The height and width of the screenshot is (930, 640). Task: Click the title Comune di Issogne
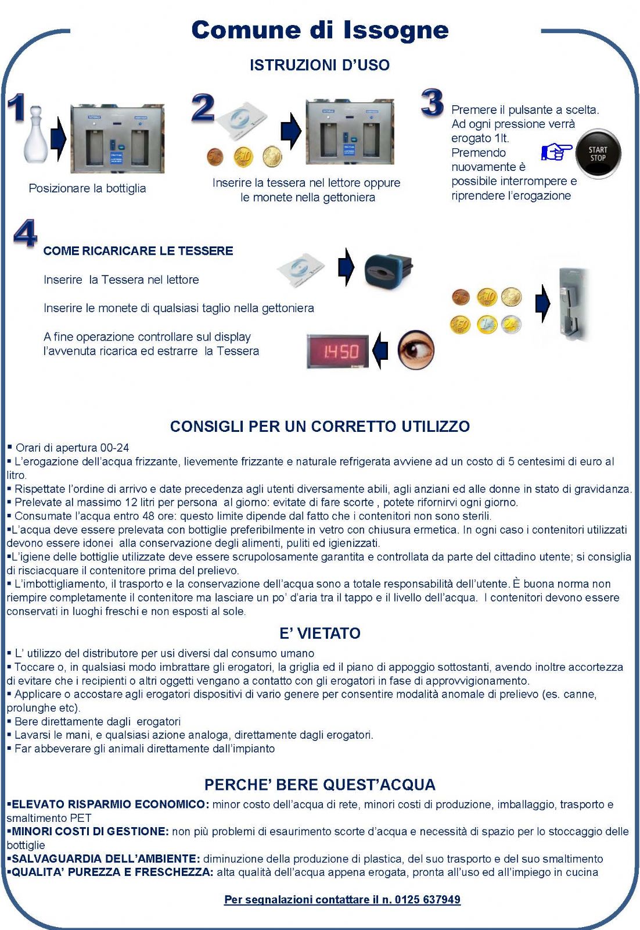click(x=319, y=30)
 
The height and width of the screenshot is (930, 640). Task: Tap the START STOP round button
click(x=598, y=154)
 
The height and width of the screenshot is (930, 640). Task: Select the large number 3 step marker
click(x=433, y=103)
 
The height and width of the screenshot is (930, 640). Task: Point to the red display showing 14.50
click(x=338, y=351)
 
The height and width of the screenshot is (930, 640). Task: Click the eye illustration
click(x=416, y=349)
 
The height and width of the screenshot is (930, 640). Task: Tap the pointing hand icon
click(x=556, y=152)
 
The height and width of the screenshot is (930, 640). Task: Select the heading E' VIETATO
click(x=319, y=634)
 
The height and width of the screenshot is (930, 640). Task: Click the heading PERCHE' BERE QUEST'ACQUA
click(x=319, y=785)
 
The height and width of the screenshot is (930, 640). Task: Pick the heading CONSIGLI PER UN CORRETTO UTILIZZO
click(x=319, y=427)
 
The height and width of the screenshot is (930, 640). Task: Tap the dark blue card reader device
click(x=387, y=270)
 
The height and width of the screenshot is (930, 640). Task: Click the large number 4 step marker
click(x=26, y=234)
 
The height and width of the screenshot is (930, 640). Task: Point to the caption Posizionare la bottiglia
click(x=87, y=188)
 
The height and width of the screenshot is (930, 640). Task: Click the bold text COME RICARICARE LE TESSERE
click(x=138, y=251)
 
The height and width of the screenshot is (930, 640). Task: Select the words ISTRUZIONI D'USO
click(x=319, y=65)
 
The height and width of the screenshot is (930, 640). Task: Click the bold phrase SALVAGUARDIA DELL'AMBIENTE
click(x=106, y=859)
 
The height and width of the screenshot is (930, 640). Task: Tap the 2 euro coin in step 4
click(x=512, y=324)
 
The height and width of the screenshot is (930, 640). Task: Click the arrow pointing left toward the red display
click(x=380, y=350)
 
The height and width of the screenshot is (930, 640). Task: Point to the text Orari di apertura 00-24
click(x=72, y=448)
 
